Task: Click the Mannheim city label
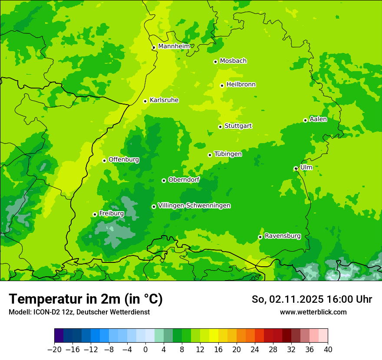pyautogui.click(x=174, y=46)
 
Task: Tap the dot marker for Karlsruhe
pyautogui.click(x=145, y=101)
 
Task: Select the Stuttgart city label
pyautogui.click(x=238, y=126)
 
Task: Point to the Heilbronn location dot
pyautogui.click(x=222, y=85)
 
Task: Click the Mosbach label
pyautogui.click(x=233, y=61)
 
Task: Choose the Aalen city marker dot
pyautogui.click(x=305, y=120)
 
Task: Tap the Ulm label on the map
pyautogui.click(x=306, y=167)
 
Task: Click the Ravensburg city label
pyautogui.click(x=283, y=236)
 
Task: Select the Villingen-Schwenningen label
pyautogui.click(x=194, y=206)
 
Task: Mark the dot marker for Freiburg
pyautogui.click(x=95, y=214)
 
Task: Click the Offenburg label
pyautogui.click(x=124, y=160)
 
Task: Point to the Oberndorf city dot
pyautogui.click(x=164, y=180)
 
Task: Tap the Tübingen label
pyautogui.click(x=228, y=154)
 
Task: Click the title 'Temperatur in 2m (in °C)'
pyautogui.click(x=86, y=299)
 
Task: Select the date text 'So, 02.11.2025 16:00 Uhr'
pyautogui.click(x=312, y=299)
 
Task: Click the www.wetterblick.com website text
pyautogui.click(x=313, y=312)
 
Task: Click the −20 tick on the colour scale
pyautogui.click(x=54, y=350)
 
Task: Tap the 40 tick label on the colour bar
pyautogui.click(x=328, y=350)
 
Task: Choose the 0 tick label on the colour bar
pyautogui.click(x=145, y=350)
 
